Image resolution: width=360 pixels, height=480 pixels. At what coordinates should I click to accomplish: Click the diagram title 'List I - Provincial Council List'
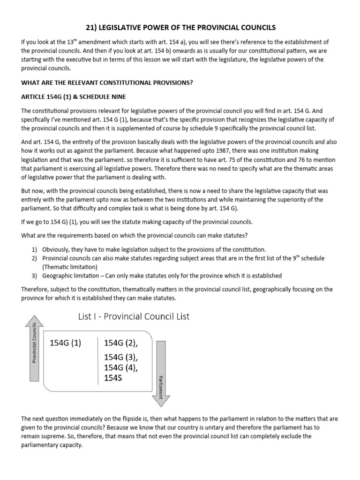point(134,316)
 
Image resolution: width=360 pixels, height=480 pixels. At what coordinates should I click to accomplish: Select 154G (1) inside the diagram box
point(65,343)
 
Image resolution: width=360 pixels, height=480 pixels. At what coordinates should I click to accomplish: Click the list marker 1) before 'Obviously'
point(35,249)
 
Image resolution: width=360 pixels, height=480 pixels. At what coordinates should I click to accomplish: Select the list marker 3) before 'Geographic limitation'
point(35,275)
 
